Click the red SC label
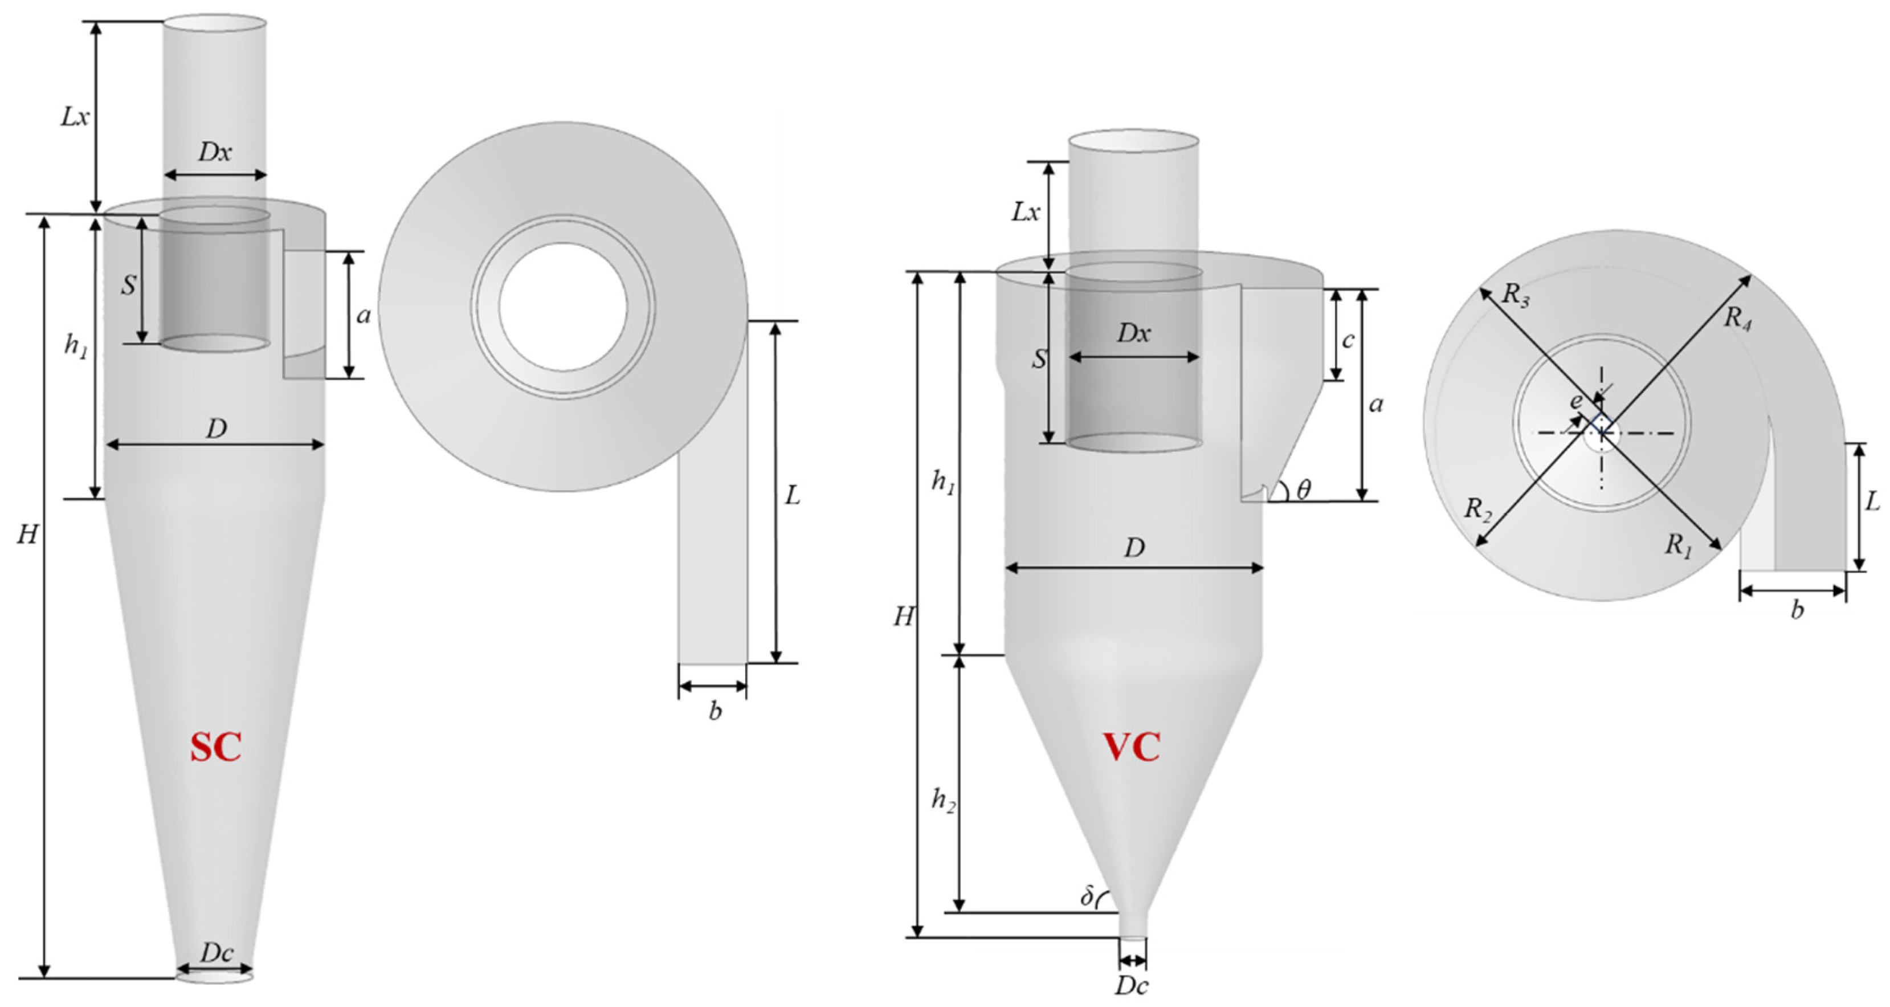[216, 748]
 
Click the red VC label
[1132, 748]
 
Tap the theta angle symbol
[1303, 489]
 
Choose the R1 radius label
[1679, 545]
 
